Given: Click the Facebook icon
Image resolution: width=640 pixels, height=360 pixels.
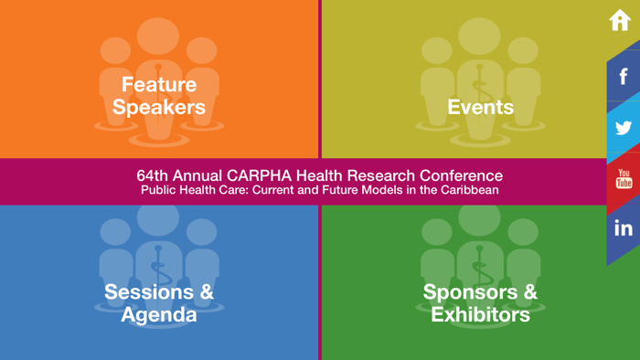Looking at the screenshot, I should (x=624, y=76).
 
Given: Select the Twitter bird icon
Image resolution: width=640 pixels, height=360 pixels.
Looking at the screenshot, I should (x=624, y=127).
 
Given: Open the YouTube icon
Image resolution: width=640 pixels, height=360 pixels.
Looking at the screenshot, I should (x=624, y=178).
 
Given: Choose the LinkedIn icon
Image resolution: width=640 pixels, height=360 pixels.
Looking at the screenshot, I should (x=624, y=228).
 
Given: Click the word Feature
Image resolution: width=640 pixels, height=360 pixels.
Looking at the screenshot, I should (x=159, y=85).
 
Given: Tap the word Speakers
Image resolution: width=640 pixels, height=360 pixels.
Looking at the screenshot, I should (x=159, y=107).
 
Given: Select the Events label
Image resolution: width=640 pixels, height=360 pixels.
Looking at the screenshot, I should (x=480, y=107).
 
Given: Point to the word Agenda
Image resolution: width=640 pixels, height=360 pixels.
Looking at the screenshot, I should (x=159, y=315).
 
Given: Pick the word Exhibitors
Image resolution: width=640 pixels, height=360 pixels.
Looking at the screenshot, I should (x=480, y=315).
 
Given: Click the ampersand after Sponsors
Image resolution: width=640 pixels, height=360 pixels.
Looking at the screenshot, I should (x=528, y=292).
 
